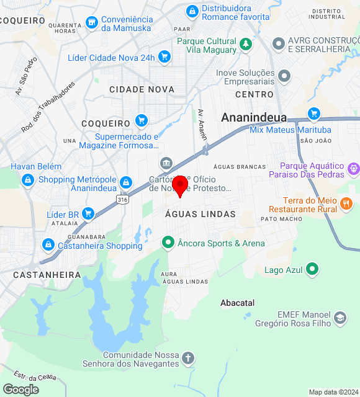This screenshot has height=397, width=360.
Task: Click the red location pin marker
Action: (x=181, y=185)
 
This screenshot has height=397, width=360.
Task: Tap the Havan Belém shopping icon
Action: (x=27, y=180)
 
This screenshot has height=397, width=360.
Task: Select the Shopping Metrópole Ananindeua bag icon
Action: (x=126, y=182)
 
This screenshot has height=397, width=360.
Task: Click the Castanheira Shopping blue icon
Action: (x=48, y=246)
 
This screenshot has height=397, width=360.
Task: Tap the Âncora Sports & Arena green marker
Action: (x=168, y=243)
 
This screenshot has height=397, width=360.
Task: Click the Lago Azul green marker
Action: (x=312, y=270)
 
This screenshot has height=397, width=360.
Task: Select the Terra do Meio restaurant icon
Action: (x=347, y=202)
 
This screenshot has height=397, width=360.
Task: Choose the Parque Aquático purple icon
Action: (x=354, y=167)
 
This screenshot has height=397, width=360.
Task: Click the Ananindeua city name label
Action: (x=254, y=117)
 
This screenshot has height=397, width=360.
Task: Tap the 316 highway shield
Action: (x=122, y=198)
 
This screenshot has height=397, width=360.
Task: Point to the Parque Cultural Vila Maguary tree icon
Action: (x=246, y=44)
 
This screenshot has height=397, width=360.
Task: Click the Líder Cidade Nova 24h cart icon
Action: (x=164, y=58)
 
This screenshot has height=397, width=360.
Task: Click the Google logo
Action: (x=20, y=389)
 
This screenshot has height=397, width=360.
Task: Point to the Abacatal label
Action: (x=237, y=303)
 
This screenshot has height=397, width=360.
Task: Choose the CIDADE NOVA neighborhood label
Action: (x=142, y=89)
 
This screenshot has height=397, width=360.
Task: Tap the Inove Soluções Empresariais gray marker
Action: (x=285, y=76)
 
